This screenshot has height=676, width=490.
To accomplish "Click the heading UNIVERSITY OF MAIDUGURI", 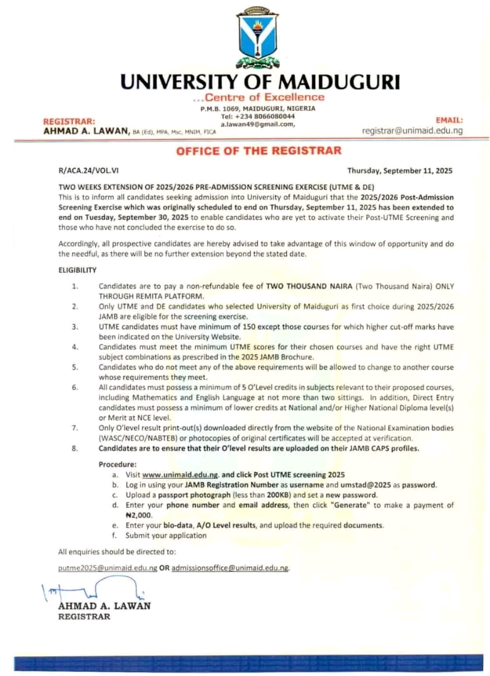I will coord(259,81).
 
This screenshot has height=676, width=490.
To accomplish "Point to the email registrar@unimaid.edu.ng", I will coord(412,130).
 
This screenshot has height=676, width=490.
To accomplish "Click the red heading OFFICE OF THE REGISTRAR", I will coord(258,150).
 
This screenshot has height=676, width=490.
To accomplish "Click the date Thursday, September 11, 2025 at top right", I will coord(399,170).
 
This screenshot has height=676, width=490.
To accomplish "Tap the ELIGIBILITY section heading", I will coord(78,270).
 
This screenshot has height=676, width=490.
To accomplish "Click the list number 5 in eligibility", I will coord(74,367).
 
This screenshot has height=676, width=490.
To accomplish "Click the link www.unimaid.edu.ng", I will coord(180,474).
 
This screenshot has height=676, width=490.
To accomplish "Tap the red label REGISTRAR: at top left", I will coord(69,121).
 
